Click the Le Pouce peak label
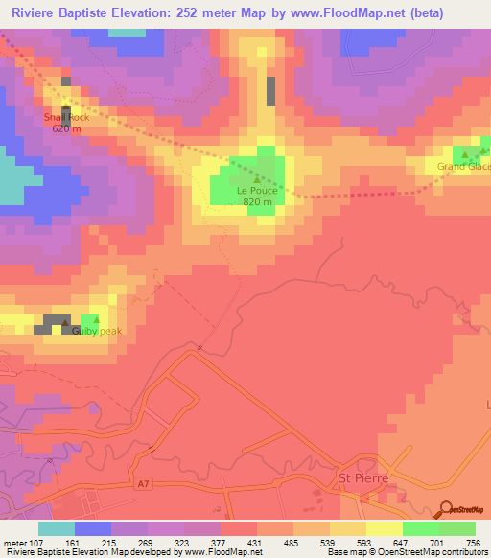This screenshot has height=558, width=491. click(256, 190)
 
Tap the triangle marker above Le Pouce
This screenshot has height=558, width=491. click(256, 178)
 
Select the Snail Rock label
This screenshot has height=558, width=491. click(65, 118)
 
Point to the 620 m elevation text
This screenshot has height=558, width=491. click(65, 128)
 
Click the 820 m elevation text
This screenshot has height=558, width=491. click(256, 201)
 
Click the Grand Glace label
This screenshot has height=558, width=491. click(464, 167)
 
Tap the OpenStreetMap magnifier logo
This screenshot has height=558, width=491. click(444, 510)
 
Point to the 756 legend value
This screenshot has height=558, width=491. click(472, 543)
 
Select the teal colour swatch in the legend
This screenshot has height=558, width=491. click(57, 528)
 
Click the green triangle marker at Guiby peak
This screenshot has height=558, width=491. click(97, 320)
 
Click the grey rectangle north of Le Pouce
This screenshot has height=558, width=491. click(270, 90)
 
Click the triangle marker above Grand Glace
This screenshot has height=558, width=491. click(466, 154)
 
